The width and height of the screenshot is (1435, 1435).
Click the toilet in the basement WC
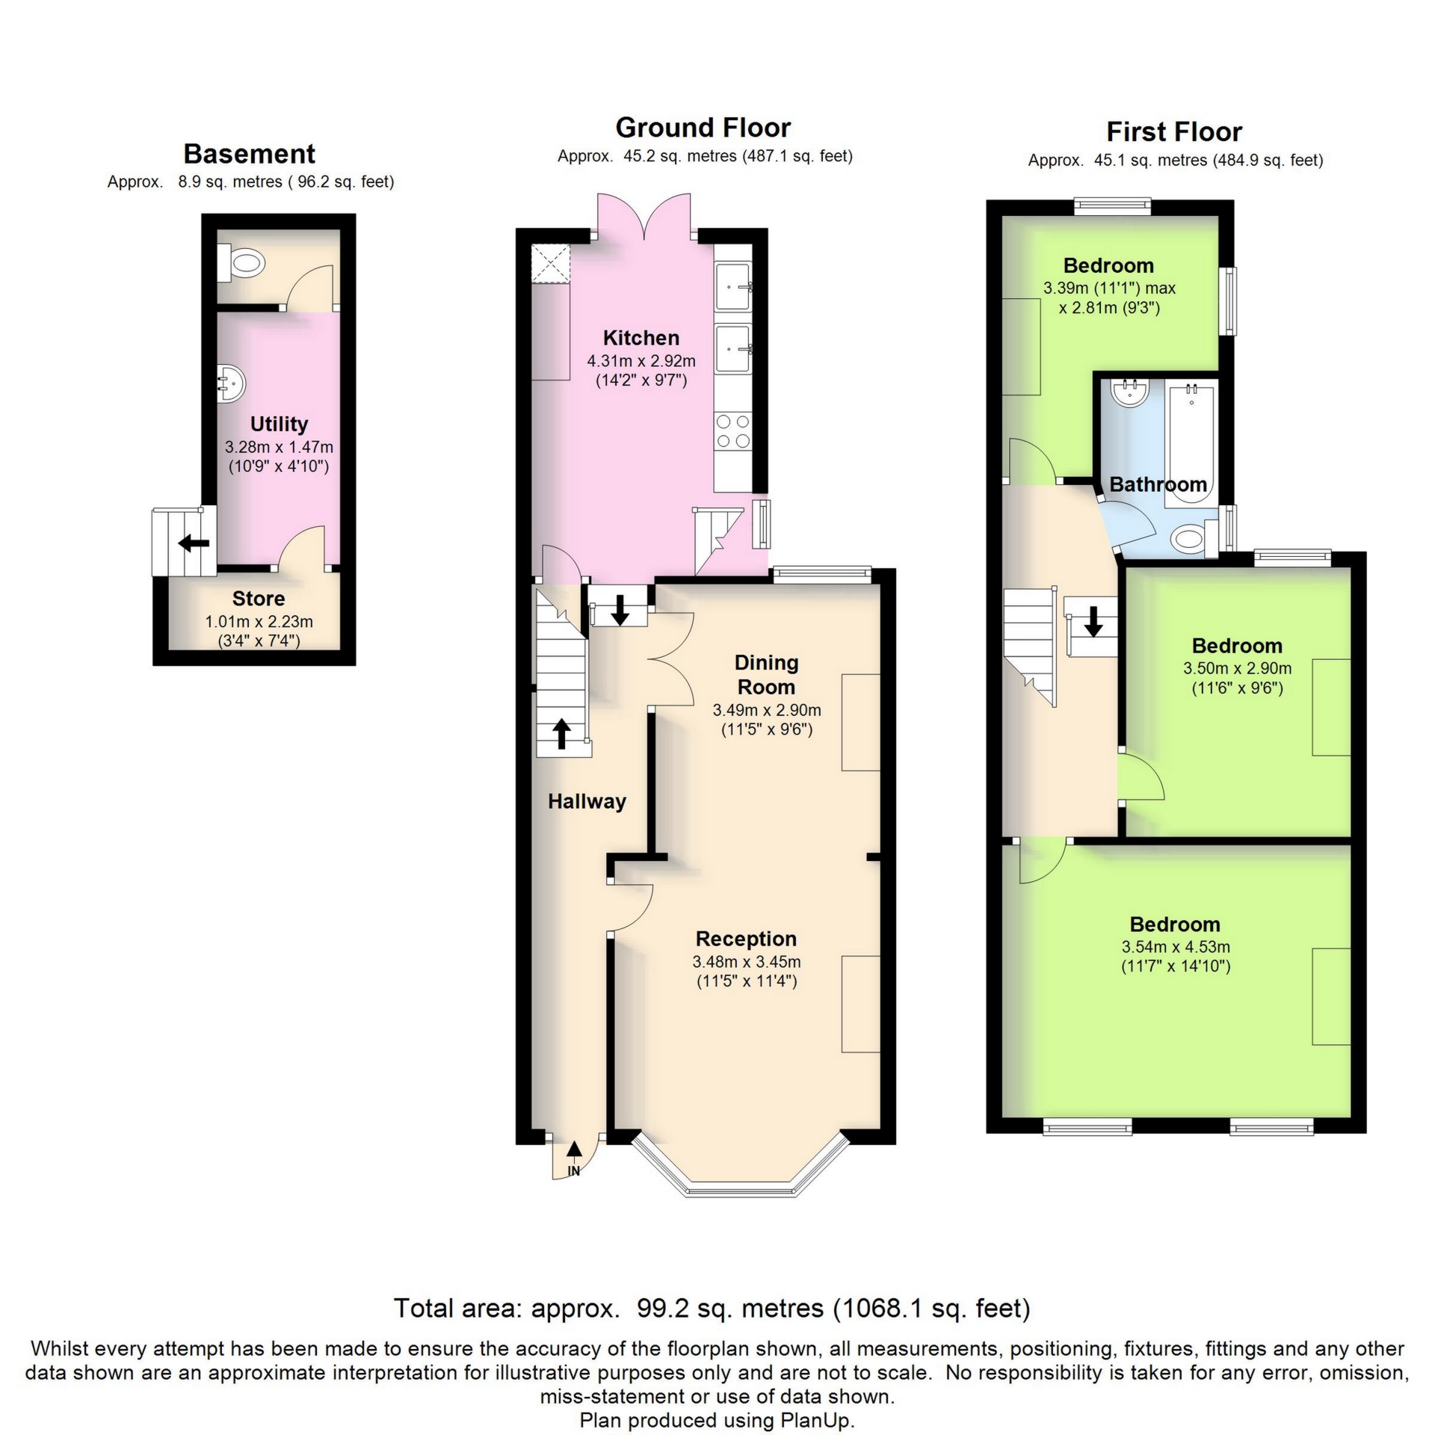(245, 262)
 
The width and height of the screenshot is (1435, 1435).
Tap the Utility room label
(279, 424)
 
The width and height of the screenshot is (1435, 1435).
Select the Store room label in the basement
(259, 599)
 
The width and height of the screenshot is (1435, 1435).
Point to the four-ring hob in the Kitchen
(732, 431)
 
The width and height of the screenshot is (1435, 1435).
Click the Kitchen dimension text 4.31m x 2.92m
(641, 361)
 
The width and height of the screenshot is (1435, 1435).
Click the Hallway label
(587, 801)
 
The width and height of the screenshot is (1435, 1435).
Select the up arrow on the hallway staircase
(562, 733)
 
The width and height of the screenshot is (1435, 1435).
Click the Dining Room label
(766, 674)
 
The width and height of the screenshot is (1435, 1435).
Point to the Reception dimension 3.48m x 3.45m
(747, 962)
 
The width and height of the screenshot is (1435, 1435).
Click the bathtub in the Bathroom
(1191, 441)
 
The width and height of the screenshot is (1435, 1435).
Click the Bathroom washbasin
(1129, 392)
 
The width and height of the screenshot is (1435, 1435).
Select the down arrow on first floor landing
(1093, 621)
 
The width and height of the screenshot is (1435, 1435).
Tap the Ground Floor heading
(703, 128)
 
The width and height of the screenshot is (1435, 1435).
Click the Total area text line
(712, 1308)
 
